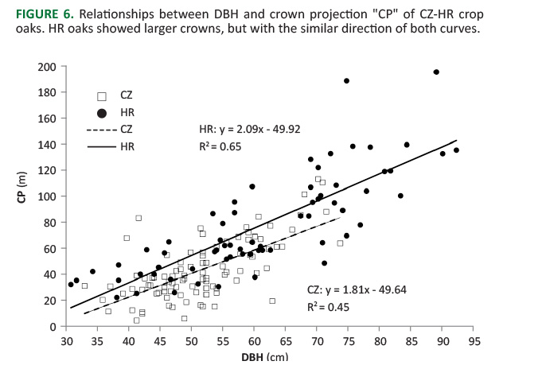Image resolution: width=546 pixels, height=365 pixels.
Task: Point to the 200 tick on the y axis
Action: coord(49,66)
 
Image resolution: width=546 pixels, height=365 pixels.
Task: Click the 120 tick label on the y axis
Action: coord(49,170)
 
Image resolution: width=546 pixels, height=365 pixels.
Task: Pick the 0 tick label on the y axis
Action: coord(54,327)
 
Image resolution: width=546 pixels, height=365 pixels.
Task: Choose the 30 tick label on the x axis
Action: coord(66,341)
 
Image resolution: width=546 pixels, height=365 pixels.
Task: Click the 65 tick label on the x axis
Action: coord(285,341)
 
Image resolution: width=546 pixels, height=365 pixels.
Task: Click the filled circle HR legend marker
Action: coord(103,112)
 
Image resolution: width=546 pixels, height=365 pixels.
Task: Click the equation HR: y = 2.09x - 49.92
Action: coord(248,128)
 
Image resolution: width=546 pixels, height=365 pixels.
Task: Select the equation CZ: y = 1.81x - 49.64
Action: coord(357,289)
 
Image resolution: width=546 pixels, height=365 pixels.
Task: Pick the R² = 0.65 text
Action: coord(221,146)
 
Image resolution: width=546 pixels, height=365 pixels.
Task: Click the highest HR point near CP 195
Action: coord(436,72)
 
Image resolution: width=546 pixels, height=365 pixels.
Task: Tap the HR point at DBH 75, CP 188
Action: coord(346,80)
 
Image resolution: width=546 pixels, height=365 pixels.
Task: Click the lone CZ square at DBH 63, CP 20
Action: coord(272,301)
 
